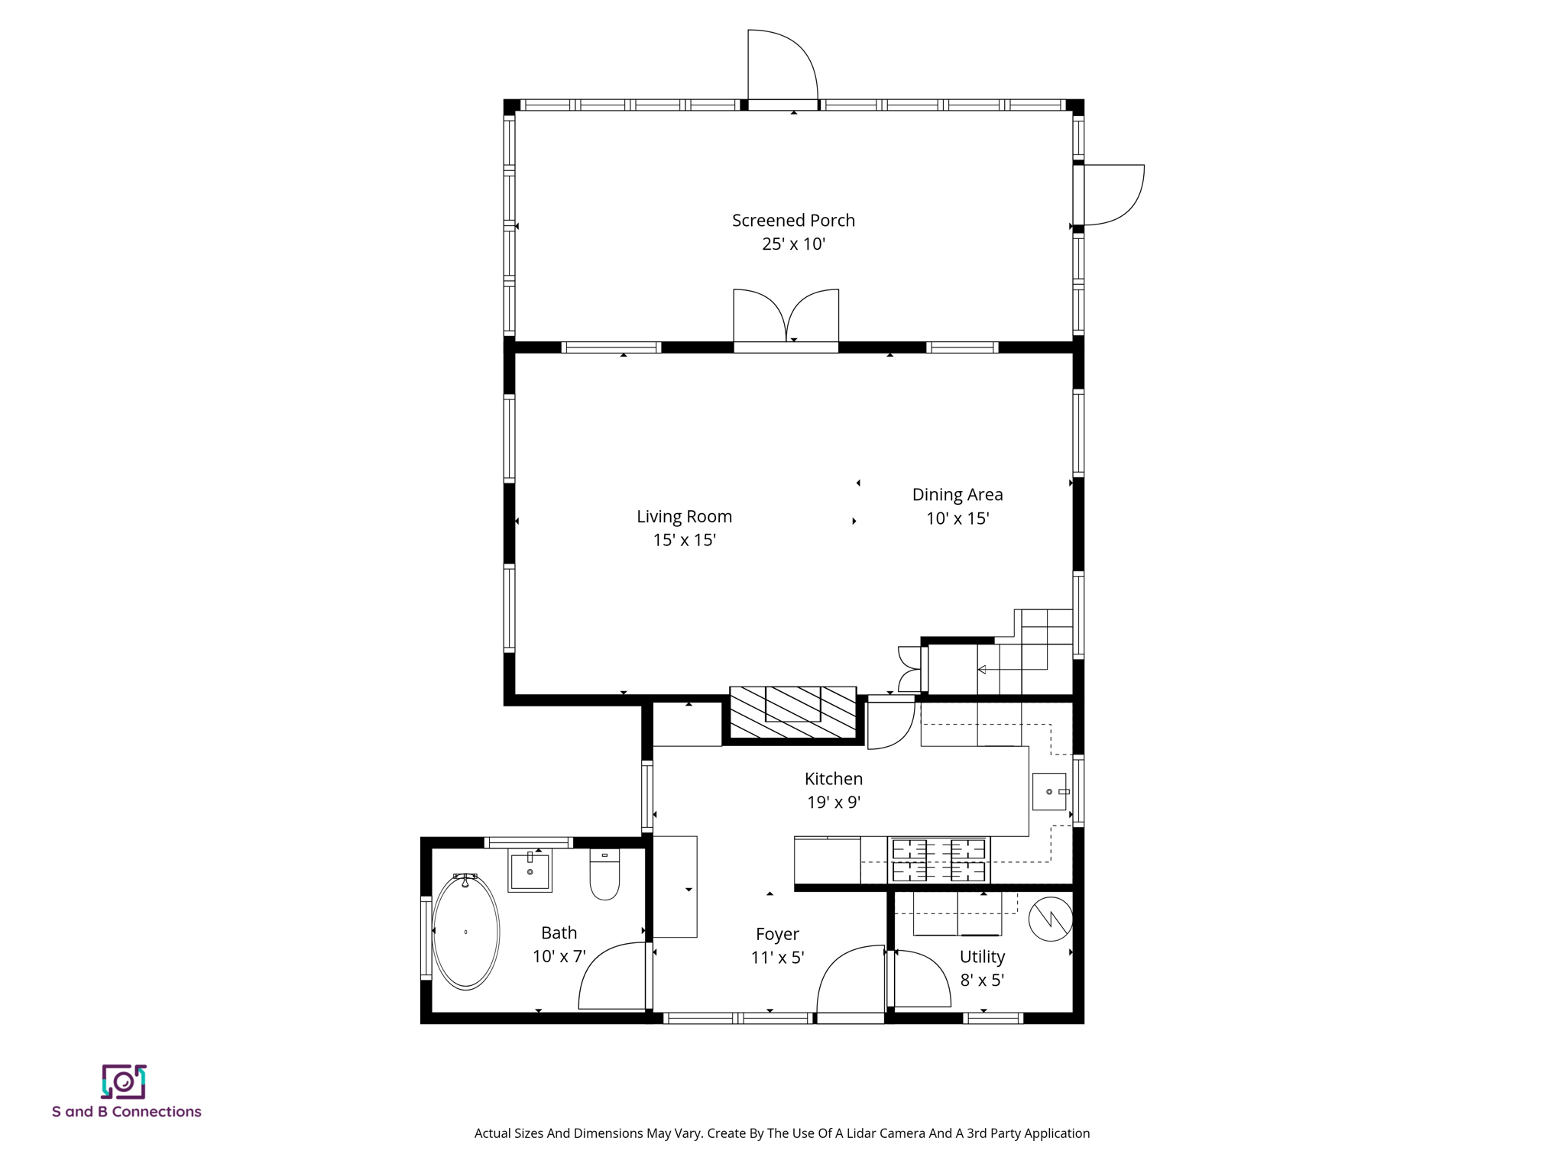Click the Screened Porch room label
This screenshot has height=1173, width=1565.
click(x=793, y=221)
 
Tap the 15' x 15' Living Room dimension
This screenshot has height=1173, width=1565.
click(x=684, y=541)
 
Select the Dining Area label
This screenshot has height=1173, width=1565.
click(x=957, y=495)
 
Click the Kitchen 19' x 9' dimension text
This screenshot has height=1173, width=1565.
click(x=834, y=803)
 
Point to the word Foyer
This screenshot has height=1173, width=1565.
click(x=777, y=934)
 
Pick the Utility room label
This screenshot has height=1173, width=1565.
click(x=982, y=957)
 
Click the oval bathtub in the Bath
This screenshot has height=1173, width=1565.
click(x=465, y=932)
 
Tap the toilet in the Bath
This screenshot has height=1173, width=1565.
click(x=604, y=875)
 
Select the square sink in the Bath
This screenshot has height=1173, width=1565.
click(x=530, y=871)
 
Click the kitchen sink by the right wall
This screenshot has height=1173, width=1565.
click(x=1049, y=792)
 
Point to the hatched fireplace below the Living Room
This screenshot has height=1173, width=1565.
click(x=793, y=713)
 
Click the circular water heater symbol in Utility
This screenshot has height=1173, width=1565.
click(x=1051, y=919)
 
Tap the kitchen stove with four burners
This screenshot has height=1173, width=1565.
click(x=938, y=860)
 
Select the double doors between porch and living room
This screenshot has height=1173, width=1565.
click(x=786, y=316)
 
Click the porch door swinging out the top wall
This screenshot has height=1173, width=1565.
click(x=782, y=66)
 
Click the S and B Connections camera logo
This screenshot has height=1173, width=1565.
click(x=124, y=1082)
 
